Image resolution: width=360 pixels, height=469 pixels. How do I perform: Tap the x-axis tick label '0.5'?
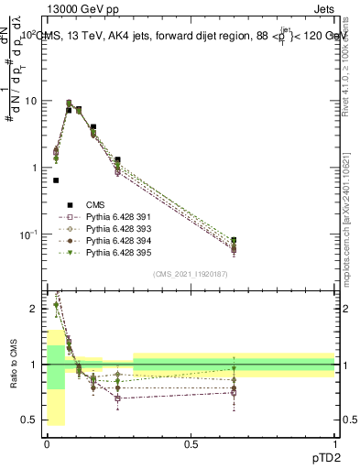click(x=191, y=442)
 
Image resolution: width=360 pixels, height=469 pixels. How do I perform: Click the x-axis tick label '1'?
click(x=334, y=442)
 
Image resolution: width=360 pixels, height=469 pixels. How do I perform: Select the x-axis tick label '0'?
click(x=47, y=442)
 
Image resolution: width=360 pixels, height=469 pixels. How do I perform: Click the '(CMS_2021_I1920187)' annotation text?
click(x=190, y=274)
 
